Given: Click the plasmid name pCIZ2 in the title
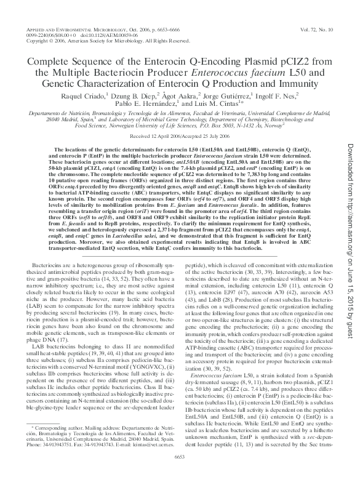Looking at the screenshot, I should [x=287, y=62].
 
